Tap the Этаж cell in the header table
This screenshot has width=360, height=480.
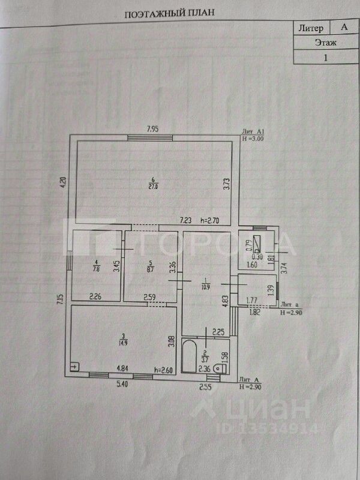pos(326,43)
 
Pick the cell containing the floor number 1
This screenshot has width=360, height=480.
pos(326,58)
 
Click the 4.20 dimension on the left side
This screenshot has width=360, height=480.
pos(61,181)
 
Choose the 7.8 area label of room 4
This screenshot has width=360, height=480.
pos(97,269)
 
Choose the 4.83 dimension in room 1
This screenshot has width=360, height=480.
pos(226,300)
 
